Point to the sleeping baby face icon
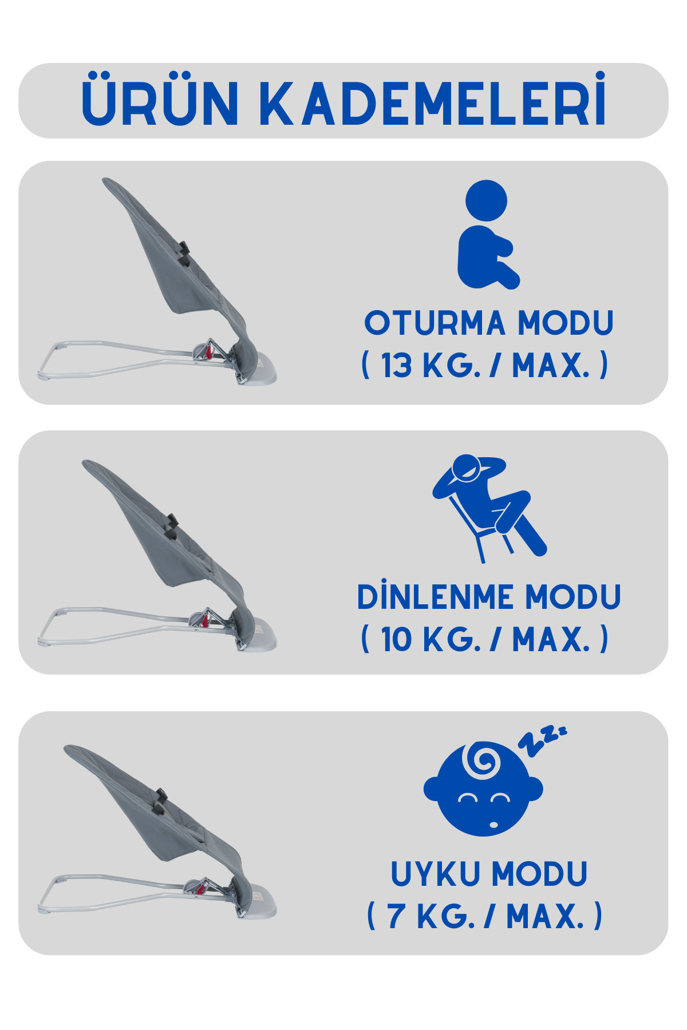[484, 790]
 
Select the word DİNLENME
[436, 597]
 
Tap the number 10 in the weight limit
[396, 639]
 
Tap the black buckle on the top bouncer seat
[184, 252]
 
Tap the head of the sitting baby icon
[487, 200]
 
